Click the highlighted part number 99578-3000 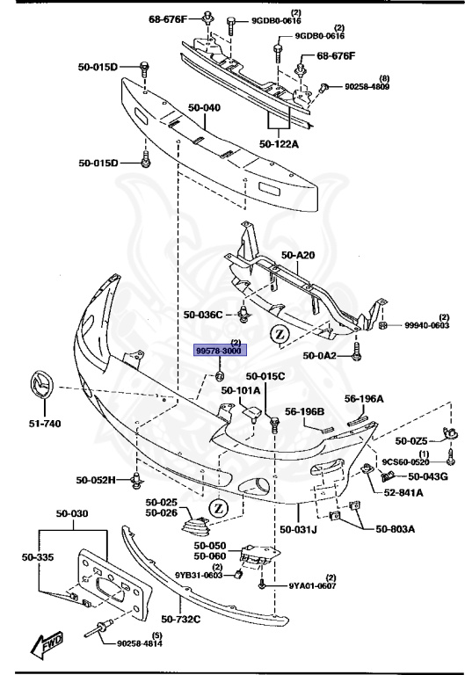pyautogui.click(x=220, y=350)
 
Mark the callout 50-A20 pyautogui.click(x=298, y=256)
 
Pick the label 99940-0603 pyautogui.click(x=426, y=326)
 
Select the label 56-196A pyautogui.click(x=364, y=399)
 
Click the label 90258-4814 pyautogui.click(x=145, y=642)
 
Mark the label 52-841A pyautogui.click(x=402, y=493)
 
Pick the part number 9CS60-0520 pyautogui.click(x=405, y=462)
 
